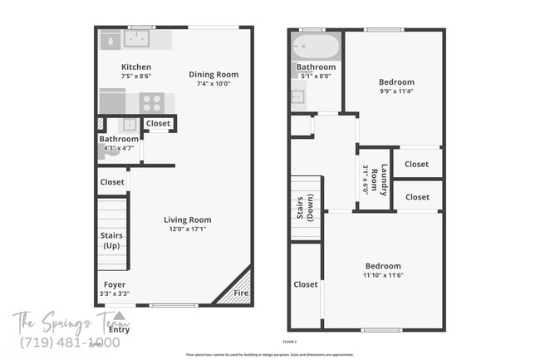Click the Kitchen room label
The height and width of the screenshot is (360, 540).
(136, 67)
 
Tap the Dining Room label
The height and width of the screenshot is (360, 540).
(214, 74)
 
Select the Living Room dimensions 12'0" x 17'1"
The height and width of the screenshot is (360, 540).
(187, 229)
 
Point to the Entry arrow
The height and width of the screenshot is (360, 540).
(120, 317)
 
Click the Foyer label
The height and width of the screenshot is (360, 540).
(114, 284)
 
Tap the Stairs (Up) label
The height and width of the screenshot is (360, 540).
(111, 240)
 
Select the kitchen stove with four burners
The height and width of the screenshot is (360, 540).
(151, 102)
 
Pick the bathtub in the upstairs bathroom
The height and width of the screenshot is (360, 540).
(316, 46)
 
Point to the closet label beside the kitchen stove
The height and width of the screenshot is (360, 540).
(158, 124)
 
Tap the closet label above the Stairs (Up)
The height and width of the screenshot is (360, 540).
(112, 182)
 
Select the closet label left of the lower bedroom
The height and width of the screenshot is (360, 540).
(305, 284)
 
